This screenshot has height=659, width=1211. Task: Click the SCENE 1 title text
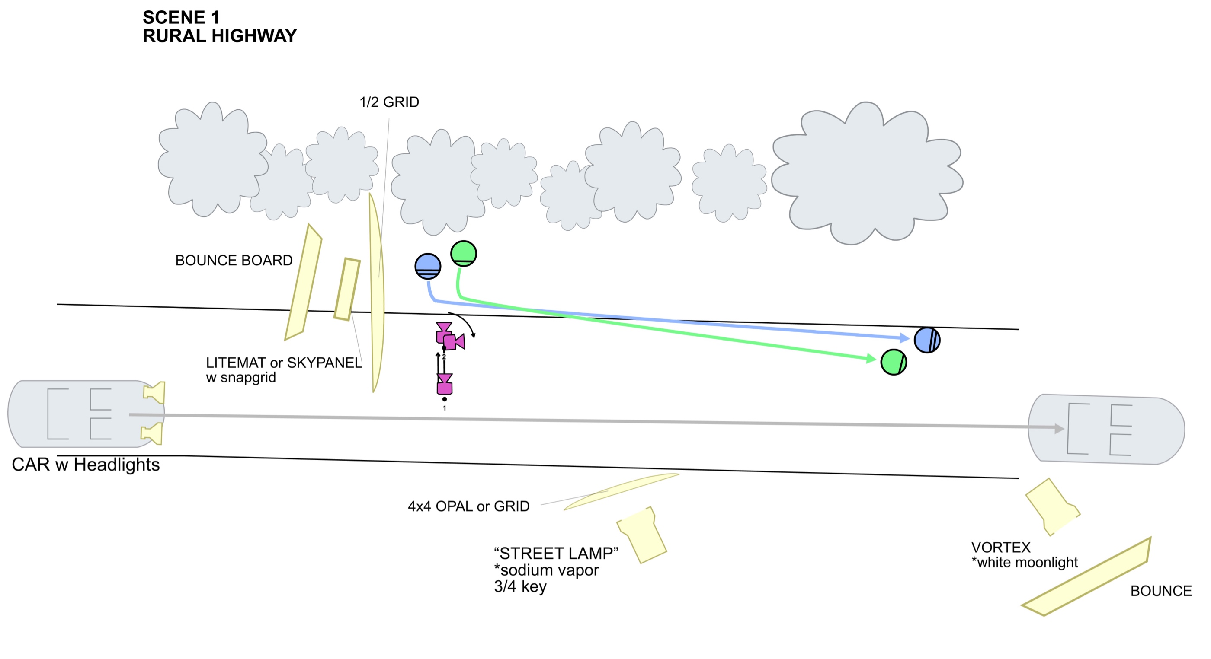[x=181, y=17]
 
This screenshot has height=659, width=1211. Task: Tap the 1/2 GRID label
[x=389, y=102]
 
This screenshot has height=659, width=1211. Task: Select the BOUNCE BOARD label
[x=234, y=260]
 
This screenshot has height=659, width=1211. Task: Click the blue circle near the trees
[x=428, y=266]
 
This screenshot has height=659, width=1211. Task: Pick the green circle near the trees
[x=464, y=254]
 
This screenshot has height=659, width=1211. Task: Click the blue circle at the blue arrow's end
[x=927, y=340]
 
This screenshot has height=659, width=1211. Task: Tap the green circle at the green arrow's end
[x=893, y=362]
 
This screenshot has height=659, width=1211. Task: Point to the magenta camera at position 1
[x=444, y=384]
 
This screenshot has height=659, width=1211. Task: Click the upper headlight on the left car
[x=155, y=392]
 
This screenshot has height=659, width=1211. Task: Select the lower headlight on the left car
[x=152, y=433]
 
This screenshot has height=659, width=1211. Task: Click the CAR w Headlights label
[x=86, y=465]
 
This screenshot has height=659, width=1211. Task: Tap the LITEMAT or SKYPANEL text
[x=284, y=363]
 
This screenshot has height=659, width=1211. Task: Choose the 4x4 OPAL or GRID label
[x=469, y=506]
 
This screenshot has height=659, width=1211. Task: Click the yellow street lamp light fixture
[x=642, y=535]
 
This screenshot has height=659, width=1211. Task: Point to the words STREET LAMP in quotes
[x=556, y=553]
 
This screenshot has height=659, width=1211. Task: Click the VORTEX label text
[x=1001, y=547]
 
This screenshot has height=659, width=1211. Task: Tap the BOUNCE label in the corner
[x=1161, y=591]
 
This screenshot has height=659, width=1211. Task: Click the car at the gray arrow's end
[x=1107, y=429]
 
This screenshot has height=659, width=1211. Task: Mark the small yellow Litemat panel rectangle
[x=347, y=289]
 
